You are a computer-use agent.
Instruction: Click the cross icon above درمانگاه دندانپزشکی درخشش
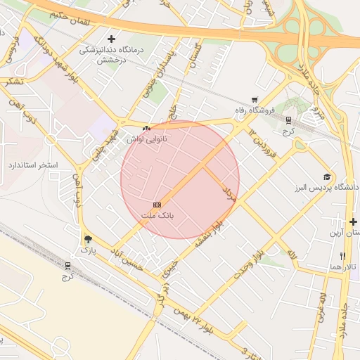110,38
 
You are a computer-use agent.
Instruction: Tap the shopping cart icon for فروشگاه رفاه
255,101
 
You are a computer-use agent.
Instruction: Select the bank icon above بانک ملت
157,204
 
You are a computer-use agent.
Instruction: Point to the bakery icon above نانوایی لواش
146,129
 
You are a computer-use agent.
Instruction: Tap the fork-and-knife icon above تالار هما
342,256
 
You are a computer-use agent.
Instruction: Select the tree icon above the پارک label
87,239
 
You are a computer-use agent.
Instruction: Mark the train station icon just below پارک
67,266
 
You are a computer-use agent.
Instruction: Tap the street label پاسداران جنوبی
155,71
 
